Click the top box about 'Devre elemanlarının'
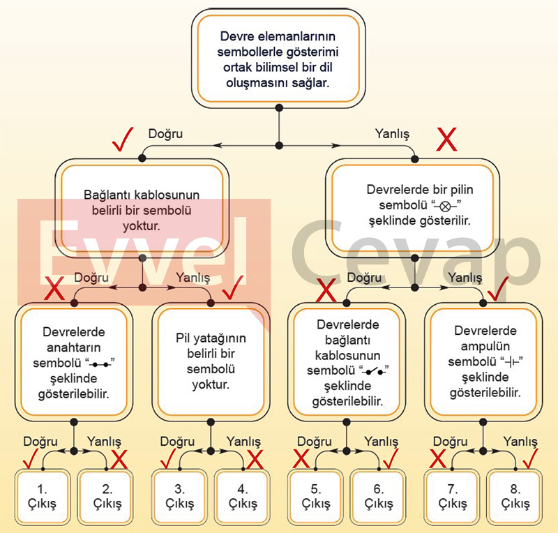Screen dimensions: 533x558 [x=279, y=57]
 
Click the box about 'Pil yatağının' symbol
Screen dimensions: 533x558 [x=211, y=360]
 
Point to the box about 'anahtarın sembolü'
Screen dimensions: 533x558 [x=74, y=360]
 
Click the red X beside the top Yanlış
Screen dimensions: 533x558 [x=446, y=140]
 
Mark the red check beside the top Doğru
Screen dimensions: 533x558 [x=124, y=142]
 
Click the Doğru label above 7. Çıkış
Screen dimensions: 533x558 [x=451, y=442]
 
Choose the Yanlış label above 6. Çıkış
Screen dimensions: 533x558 [x=382, y=442]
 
